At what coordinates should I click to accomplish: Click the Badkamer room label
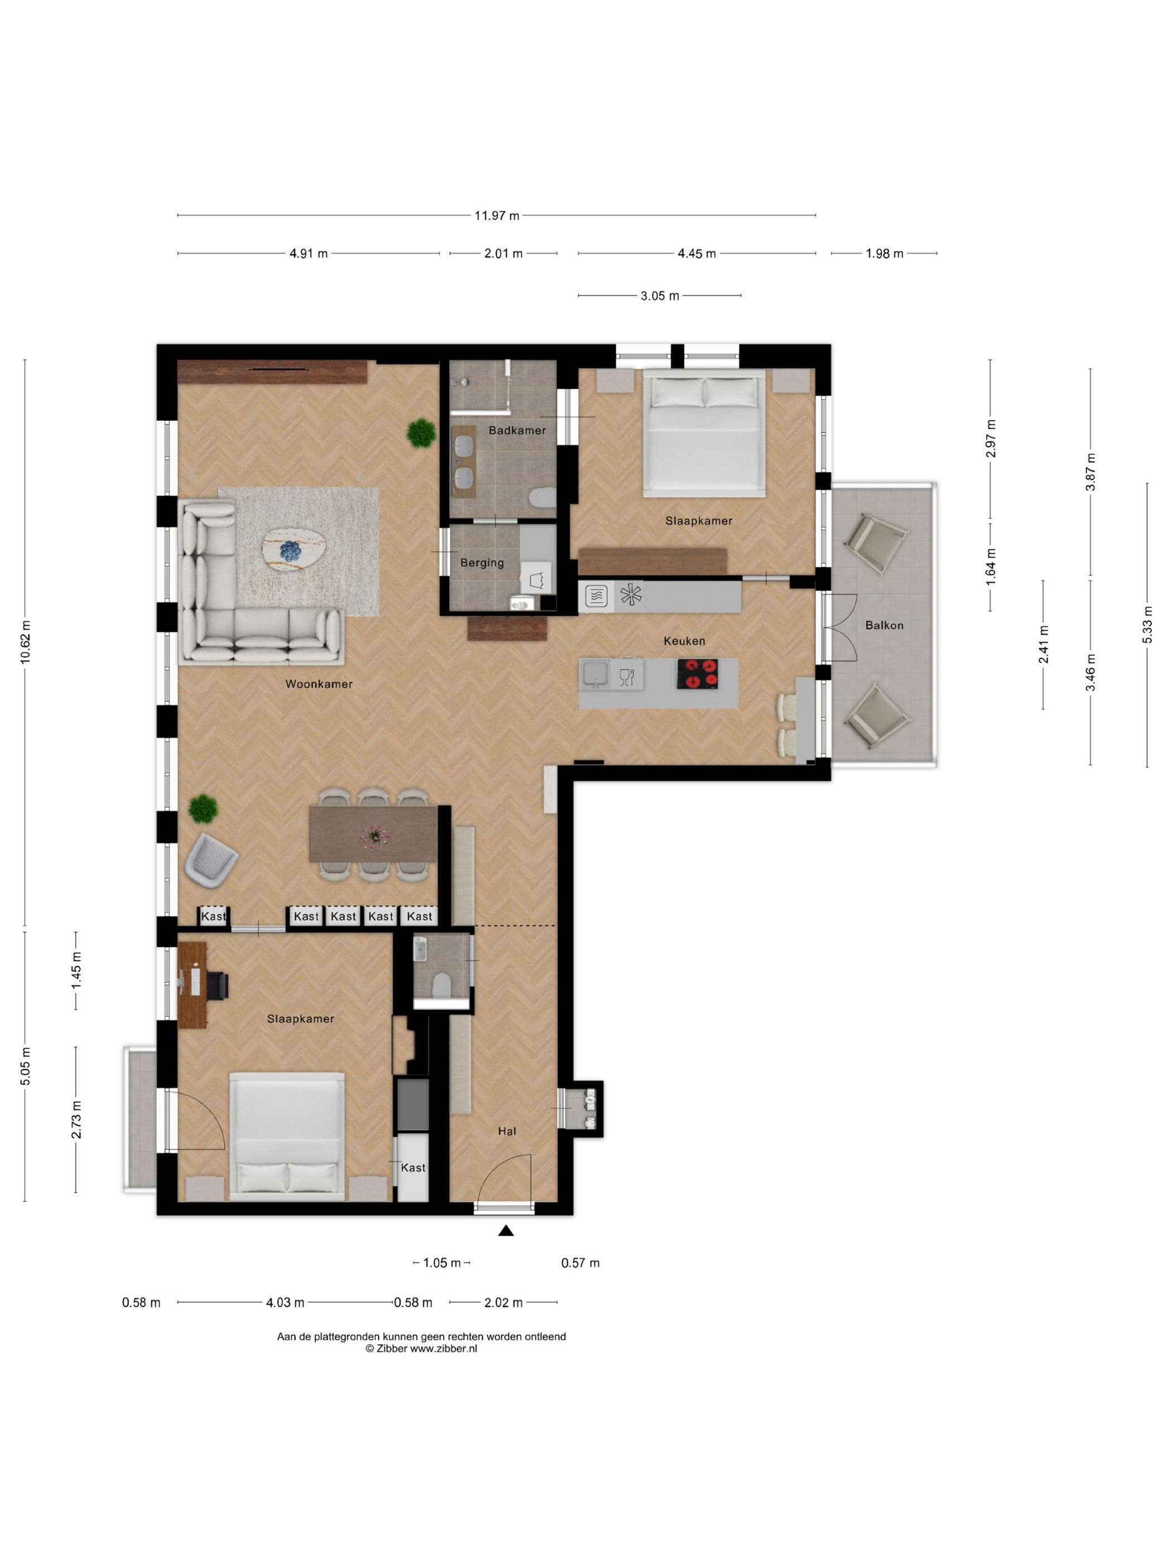[x=517, y=430]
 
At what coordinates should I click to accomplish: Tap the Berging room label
[x=482, y=563]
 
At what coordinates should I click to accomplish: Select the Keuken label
[x=684, y=641]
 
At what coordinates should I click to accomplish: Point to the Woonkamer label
[x=319, y=684]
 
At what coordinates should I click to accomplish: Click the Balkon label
[x=884, y=625]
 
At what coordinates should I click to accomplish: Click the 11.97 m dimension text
[x=497, y=215]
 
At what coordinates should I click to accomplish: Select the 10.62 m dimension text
[x=26, y=641]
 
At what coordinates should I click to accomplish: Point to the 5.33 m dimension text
[x=1147, y=625]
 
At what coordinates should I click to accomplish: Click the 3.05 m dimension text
[x=660, y=296]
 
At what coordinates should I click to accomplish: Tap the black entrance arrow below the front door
[x=506, y=1231]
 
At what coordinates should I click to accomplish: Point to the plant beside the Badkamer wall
[x=421, y=433]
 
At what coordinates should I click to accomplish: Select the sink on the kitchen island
[x=595, y=674]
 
